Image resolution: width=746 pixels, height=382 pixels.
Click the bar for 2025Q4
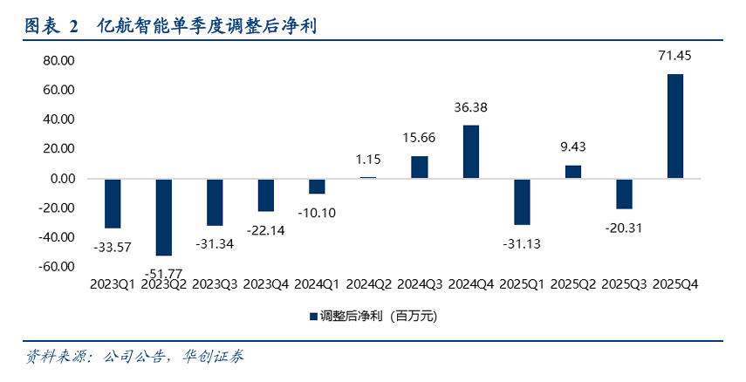click(x=675, y=126)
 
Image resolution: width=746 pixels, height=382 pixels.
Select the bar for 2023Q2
click(x=163, y=217)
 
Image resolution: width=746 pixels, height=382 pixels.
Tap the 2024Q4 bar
click(x=470, y=152)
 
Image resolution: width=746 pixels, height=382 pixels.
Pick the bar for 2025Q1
click(x=522, y=201)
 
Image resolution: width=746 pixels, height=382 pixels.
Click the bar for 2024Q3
click(x=420, y=167)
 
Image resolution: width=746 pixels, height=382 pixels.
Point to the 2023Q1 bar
click(x=113, y=203)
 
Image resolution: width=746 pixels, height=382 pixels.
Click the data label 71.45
click(x=675, y=57)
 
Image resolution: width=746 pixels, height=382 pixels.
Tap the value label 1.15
click(x=368, y=160)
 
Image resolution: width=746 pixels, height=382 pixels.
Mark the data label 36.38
click(x=470, y=108)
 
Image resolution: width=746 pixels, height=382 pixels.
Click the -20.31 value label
click(x=624, y=227)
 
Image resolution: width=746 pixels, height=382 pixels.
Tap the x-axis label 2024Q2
click(x=368, y=284)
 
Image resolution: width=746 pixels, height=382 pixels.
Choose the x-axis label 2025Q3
click(x=624, y=284)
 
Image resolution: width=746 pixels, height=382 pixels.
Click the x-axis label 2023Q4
click(x=266, y=284)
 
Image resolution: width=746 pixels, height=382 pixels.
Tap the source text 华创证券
click(x=212, y=357)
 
